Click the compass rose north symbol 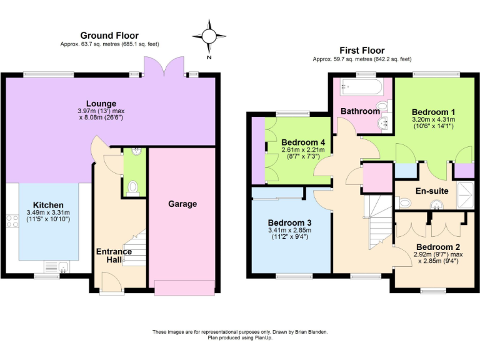coord(209,36)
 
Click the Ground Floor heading coord(109,36)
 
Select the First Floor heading coord(362,50)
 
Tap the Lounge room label coord(101,104)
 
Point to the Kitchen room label coord(48,205)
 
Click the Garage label coord(182,204)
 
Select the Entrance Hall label coord(114,256)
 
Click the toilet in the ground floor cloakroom coord(132,186)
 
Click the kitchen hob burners coord(12,220)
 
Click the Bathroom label coord(360,111)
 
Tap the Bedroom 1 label coord(433,112)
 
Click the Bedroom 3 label coord(289,223)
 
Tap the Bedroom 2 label coord(437,246)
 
